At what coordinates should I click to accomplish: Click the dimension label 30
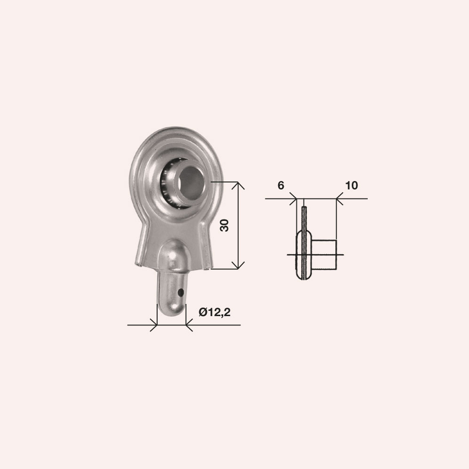[224, 225]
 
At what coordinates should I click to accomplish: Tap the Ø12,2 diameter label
[214, 312]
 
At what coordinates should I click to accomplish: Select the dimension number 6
[280, 185]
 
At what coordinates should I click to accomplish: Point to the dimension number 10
[351, 185]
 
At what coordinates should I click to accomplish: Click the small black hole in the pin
[181, 292]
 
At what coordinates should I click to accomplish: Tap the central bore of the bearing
[192, 183]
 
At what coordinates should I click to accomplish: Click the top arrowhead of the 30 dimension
[238, 185]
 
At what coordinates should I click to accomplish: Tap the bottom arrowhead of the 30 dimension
[238, 265]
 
